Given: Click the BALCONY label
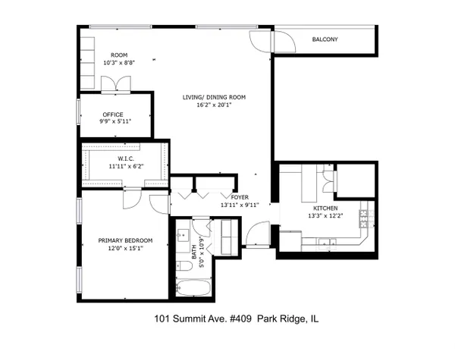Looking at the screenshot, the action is (x=325, y=39).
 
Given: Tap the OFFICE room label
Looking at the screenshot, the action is (x=113, y=115).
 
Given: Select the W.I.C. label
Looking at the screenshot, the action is (x=126, y=158).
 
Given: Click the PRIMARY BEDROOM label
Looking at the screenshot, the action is (x=125, y=240).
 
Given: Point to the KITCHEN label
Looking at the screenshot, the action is (x=325, y=209).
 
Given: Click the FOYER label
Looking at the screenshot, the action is (x=240, y=197).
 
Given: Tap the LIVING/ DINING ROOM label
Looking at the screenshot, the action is (x=214, y=97).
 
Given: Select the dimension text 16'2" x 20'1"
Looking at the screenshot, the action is (x=214, y=105).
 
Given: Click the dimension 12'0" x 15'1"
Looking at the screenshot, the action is (x=126, y=249).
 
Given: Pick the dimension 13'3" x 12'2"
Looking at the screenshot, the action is (x=325, y=216).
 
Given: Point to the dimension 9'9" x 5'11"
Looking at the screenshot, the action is (x=115, y=121).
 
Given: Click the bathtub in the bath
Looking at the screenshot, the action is (x=193, y=287).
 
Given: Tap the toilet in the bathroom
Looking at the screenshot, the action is (x=184, y=266).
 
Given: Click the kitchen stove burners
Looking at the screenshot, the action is (x=364, y=218).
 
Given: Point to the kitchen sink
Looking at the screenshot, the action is (x=327, y=243).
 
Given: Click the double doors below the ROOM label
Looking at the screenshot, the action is (x=116, y=84).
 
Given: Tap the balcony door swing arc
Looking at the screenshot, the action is (x=284, y=42).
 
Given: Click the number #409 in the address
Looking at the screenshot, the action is (x=240, y=319).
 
